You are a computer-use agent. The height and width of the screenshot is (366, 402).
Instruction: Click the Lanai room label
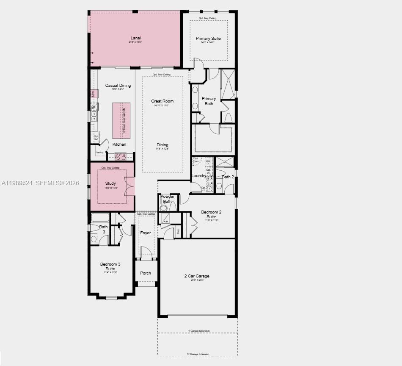coord(135,38)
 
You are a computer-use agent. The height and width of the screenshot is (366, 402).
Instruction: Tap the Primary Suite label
coord(208,39)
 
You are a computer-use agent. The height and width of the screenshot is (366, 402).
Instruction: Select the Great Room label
coord(162,101)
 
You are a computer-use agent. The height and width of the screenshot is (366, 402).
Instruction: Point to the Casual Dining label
coord(118,86)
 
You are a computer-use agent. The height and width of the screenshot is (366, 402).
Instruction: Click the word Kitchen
coord(119,144)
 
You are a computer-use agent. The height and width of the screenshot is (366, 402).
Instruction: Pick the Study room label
coord(110,183)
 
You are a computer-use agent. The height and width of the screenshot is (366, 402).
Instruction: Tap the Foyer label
coord(146,233)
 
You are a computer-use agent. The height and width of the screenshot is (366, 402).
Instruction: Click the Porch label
coord(146,273)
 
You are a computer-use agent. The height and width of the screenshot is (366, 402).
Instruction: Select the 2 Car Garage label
coord(197,276)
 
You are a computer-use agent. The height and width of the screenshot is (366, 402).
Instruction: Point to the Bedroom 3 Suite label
coord(110,266)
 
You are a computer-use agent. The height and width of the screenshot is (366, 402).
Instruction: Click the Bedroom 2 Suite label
coord(211,214)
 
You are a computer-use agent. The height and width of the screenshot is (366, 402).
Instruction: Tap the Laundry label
coord(199,176)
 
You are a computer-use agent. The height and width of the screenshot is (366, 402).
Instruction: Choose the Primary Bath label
coord(209,101)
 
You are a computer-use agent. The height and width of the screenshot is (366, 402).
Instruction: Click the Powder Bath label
coord(168,199)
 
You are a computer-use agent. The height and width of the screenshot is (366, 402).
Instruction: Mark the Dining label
coord(162,145)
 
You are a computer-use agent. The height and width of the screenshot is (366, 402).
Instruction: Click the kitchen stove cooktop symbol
coord(121,157)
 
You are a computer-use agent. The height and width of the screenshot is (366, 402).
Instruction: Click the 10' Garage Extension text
coord(198,354)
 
